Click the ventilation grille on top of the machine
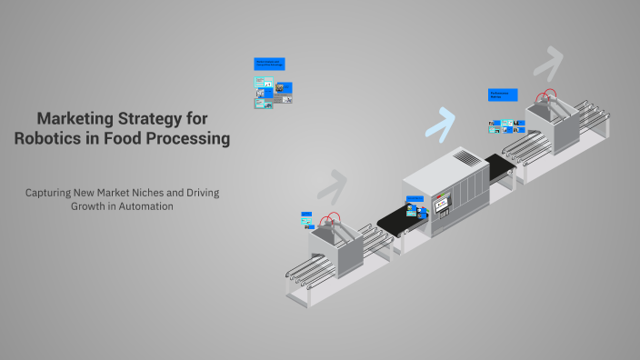[x=465, y=159]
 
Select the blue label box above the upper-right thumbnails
[x=503, y=95]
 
